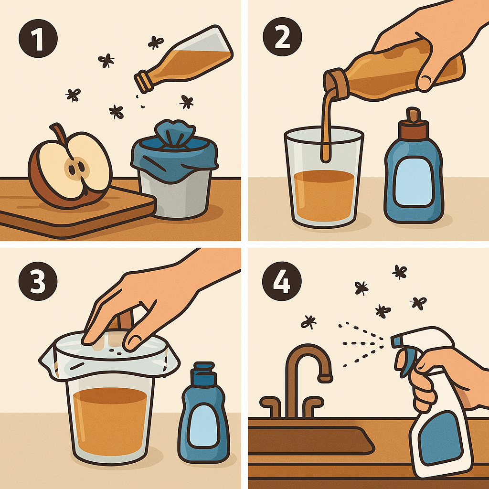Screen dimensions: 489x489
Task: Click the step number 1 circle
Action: [x=38, y=38]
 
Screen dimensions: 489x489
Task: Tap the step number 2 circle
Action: [x=282, y=37]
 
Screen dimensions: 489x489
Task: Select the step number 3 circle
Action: [x=38, y=281]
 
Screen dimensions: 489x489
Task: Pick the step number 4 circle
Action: [x=282, y=281]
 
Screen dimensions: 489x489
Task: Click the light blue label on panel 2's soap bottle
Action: [x=413, y=181]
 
